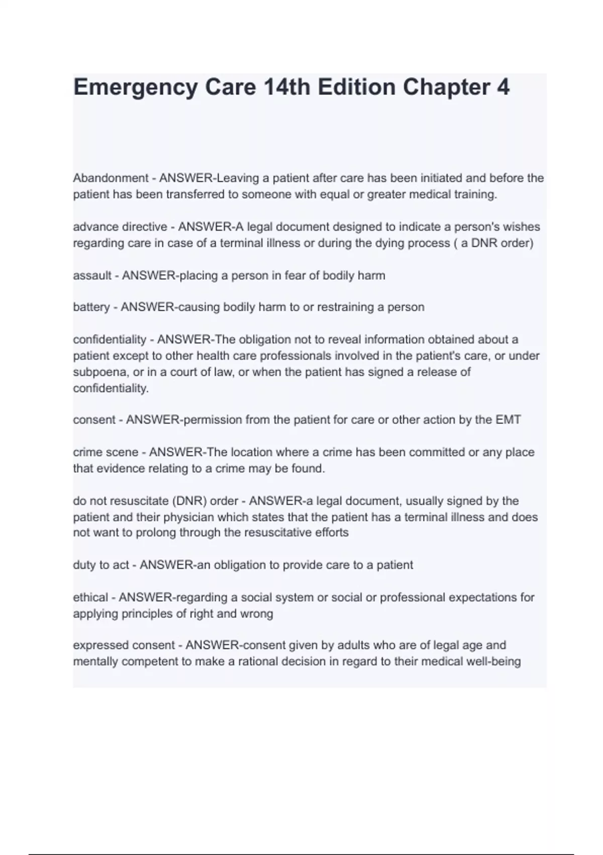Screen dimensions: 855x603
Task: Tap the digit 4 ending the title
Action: [x=503, y=87]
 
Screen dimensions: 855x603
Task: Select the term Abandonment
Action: [x=111, y=178]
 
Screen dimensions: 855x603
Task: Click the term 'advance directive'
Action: [x=120, y=227]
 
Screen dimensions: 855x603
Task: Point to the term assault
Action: [x=92, y=276]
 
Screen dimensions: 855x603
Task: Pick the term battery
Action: [x=91, y=307]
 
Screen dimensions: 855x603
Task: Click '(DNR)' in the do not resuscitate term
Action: [x=189, y=501]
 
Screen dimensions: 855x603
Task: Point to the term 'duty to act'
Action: [x=101, y=565]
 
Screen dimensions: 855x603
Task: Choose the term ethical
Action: [x=90, y=597]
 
